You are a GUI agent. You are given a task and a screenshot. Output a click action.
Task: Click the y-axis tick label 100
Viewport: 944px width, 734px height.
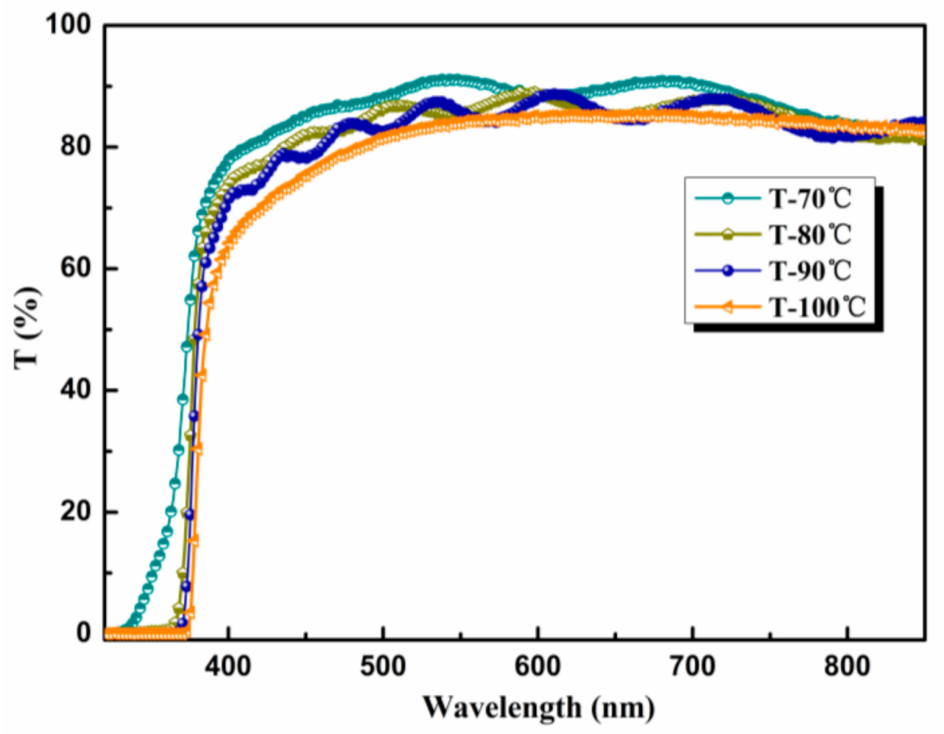click(68, 26)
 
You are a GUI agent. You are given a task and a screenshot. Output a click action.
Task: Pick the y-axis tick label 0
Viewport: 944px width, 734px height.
click(84, 633)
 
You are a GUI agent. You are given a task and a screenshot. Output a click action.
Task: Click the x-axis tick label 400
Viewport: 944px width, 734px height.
click(229, 666)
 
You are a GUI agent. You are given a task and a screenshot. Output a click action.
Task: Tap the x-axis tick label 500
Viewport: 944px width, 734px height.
click(383, 666)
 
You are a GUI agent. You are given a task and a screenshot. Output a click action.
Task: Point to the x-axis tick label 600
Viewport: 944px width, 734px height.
click(538, 666)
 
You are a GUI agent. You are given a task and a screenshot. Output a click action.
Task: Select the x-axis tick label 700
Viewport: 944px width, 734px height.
click(693, 666)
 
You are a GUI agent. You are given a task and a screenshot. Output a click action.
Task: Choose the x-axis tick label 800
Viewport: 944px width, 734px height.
click(847, 666)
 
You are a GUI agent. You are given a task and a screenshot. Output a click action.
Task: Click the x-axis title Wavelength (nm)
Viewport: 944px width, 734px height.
click(538, 707)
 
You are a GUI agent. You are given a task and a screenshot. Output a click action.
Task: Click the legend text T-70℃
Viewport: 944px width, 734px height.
click(810, 199)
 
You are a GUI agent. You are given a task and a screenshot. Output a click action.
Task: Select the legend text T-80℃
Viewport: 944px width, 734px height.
click(810, 235)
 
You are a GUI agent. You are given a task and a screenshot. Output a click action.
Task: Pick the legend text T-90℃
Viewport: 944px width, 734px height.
click(810, 271)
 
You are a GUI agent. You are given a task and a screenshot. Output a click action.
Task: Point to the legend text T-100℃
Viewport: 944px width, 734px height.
click(817, 307)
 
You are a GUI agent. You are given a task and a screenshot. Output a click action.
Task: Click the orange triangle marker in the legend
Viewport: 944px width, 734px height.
click(727, 307)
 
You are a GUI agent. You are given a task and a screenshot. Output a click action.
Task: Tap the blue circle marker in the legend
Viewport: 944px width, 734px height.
click(727, 271)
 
